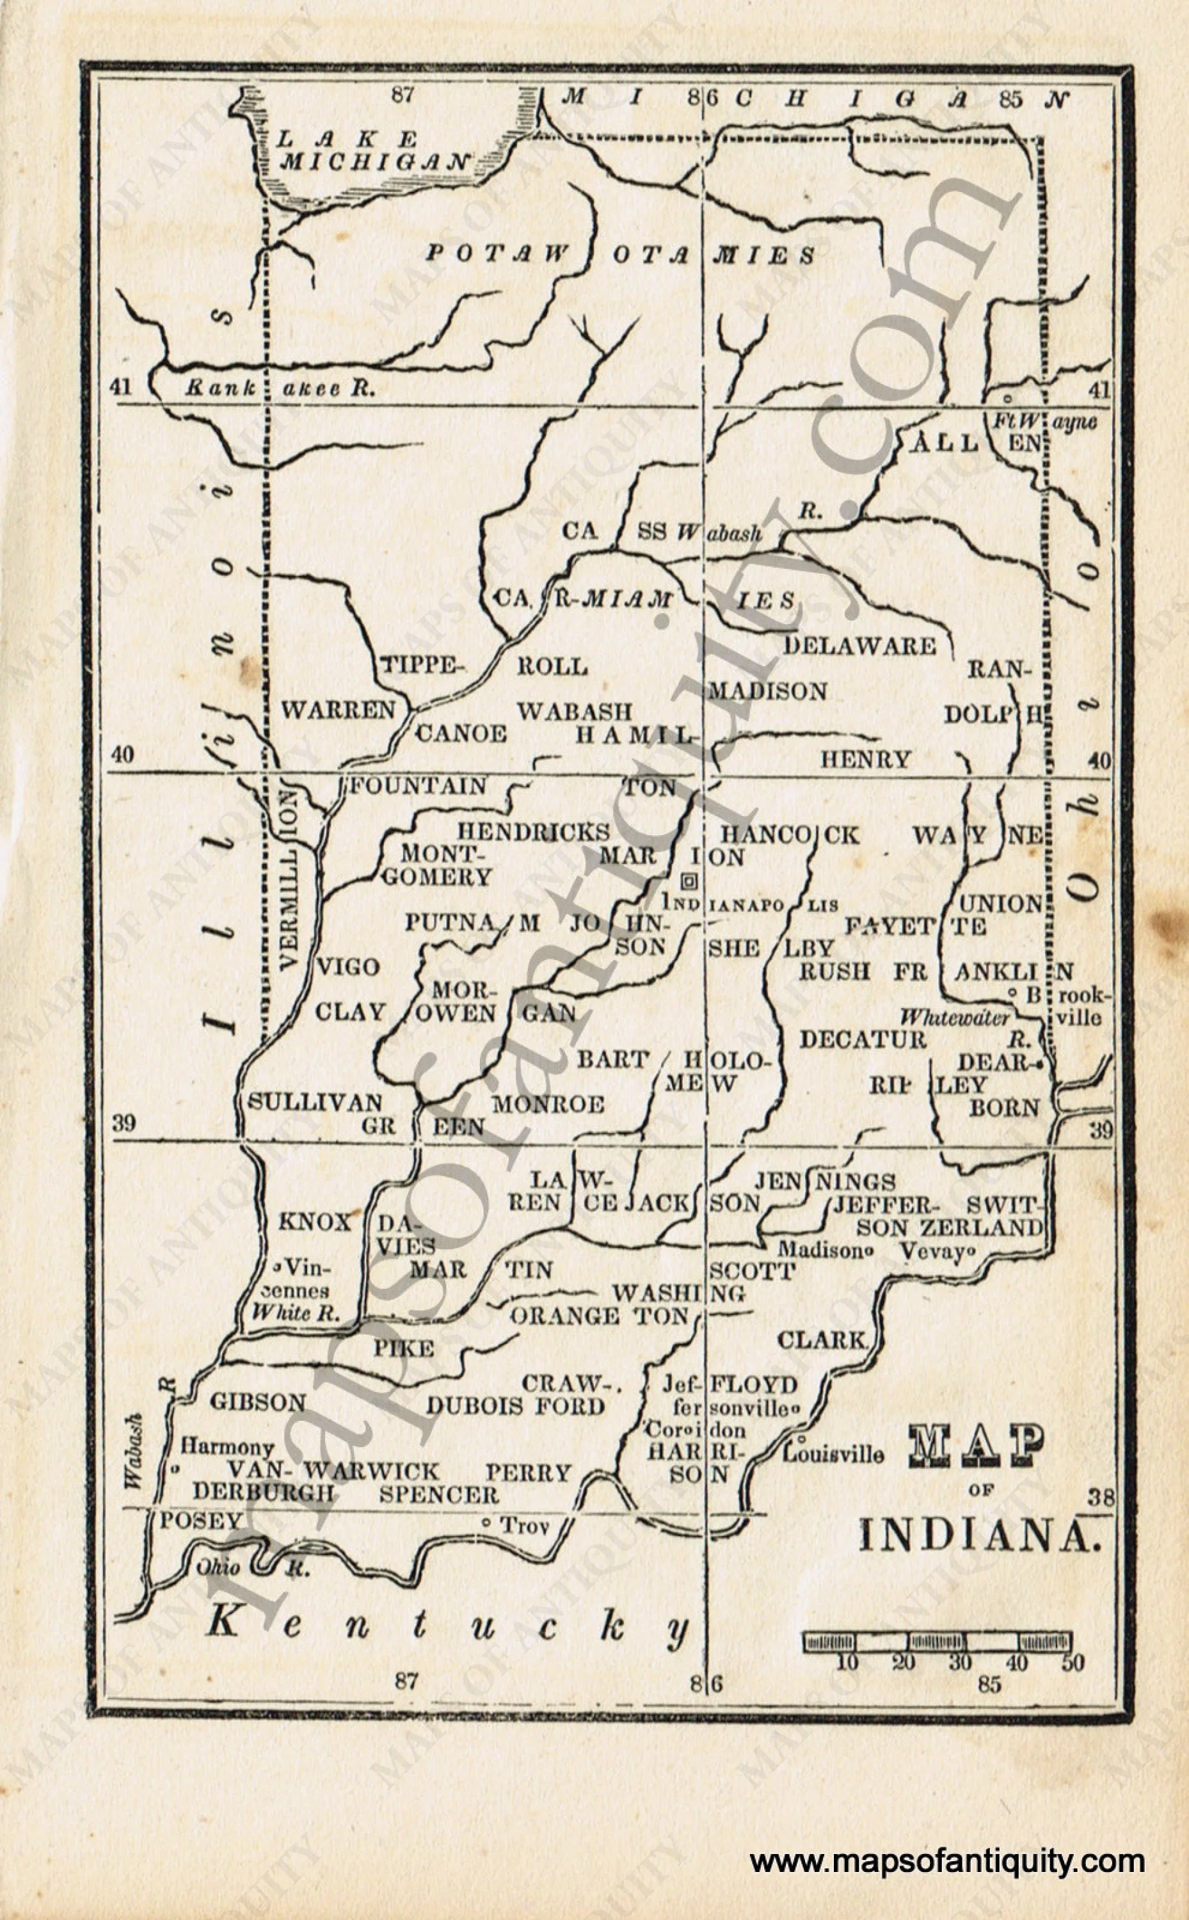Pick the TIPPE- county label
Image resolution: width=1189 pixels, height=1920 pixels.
pos(419,666)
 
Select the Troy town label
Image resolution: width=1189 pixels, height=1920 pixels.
pos(523,1526)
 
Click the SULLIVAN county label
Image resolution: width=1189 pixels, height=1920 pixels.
pos(315,1102)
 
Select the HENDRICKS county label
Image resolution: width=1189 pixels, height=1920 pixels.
pos(534,832)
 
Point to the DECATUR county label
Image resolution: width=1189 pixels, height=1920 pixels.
pos(863,1039)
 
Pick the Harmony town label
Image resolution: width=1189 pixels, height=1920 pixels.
pos(227,1446)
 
